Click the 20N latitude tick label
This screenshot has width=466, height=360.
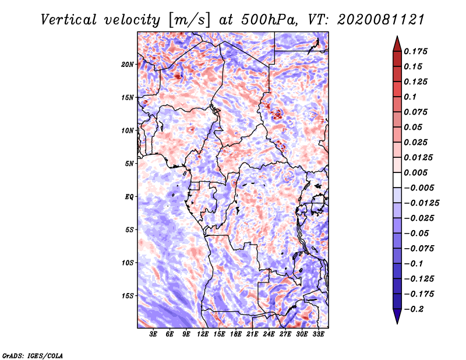128,65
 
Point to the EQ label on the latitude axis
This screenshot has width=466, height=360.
129,197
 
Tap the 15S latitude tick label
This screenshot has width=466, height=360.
128,296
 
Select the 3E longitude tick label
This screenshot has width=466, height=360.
153,334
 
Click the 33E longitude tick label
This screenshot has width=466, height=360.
318,334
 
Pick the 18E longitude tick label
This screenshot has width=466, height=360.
236,334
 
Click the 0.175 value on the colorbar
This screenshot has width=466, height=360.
415,51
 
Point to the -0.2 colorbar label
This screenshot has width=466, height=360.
414,309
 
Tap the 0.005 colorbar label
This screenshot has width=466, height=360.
415,172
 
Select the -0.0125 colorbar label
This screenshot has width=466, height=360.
421,203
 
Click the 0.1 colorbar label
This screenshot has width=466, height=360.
410,97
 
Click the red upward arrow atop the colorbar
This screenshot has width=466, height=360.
397,44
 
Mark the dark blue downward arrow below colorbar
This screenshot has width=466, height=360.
397,316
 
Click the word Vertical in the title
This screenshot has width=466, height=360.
69,20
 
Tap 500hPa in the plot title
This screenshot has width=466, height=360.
269,20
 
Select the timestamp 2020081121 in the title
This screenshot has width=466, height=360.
380,20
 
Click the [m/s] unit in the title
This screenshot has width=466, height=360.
189,20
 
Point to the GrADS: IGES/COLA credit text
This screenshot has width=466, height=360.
33,356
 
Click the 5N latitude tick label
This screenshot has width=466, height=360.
129,164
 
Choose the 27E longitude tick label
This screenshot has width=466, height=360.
285,334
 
